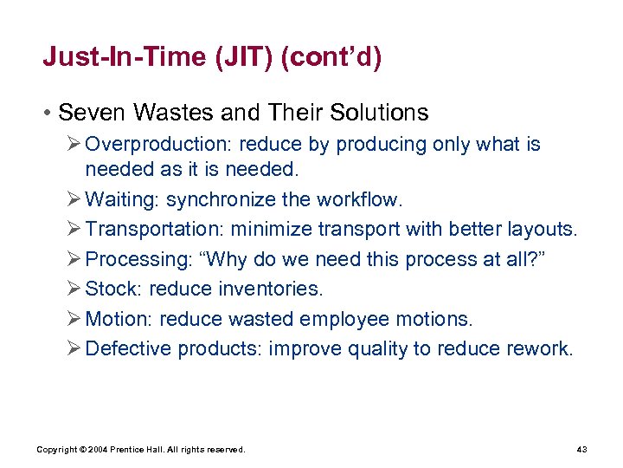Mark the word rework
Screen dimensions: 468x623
543,348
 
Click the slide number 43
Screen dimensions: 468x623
581,449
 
